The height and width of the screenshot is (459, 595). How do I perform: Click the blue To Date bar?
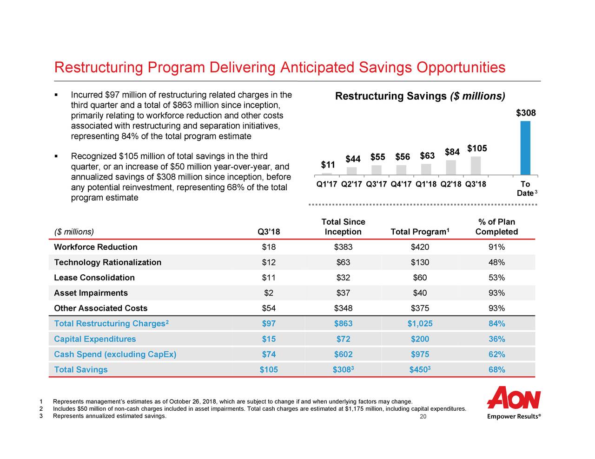pos(525,148)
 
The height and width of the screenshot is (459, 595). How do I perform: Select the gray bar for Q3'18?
pos(476,166)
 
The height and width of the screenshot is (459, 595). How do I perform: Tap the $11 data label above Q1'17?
pos(328,165)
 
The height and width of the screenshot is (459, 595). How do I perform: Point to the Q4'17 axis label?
pos(403,184)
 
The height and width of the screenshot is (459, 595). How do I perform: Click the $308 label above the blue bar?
pos(526,113)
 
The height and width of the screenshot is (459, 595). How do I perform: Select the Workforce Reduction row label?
pos(96,247)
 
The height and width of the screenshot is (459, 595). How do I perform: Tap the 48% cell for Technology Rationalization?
pos(496,262)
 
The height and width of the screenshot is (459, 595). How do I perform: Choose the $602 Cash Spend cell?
pos(343,354)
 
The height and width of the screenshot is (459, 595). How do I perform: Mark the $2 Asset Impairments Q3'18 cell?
pos(268,293)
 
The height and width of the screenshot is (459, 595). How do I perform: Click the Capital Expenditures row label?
pos(95,339)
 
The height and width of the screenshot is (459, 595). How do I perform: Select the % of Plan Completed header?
pos(496,227)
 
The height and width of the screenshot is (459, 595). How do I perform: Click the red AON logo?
pos(514,398)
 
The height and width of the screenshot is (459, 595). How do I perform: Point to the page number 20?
pos(423,417)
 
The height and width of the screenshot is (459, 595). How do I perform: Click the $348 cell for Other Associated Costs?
pos(343,308)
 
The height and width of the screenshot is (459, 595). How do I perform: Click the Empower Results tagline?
pos(514,417)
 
